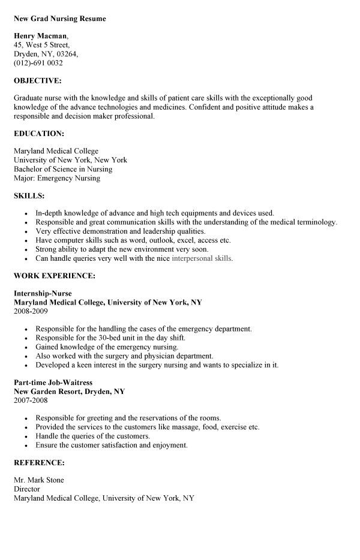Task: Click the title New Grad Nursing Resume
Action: (59, 19)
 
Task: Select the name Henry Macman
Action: (40, 36)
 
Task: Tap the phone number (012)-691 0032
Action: (38, 62)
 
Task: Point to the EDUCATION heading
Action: (38, 133)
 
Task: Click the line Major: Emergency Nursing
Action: (57, 177)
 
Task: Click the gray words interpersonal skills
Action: (202, 258)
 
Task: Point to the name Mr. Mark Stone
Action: (38, 480)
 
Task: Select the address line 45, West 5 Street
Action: (41, 45)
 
